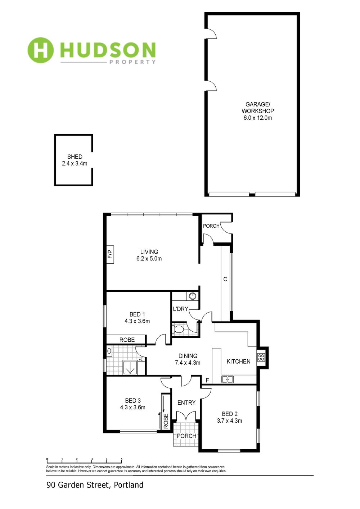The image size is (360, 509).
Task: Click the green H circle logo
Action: (x=40, y=50)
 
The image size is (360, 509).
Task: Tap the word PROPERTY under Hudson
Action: (x=132, y=62)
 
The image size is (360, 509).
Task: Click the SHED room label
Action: (x=75, y=156)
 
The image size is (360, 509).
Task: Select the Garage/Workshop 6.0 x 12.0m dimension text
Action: (x=258, y=118)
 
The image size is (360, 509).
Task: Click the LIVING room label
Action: (x=149, y=252)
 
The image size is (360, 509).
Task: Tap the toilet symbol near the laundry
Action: (x=178, y=329)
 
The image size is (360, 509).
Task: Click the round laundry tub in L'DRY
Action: (x=193, y=296)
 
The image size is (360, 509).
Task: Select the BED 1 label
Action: (x=137, y=314)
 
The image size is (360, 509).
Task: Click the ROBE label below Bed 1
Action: (x=127, y=340)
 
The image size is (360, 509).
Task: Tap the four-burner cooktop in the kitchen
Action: (x=261, y=358)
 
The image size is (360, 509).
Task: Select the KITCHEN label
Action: (x=238, y=361)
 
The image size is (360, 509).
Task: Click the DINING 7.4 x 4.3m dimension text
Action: (x=188, y=363)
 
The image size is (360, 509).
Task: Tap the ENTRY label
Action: (x=186, y=403)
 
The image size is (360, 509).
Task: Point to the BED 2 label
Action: (x=230, y=414)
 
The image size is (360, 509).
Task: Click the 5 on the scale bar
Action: (x=121, y=459)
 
